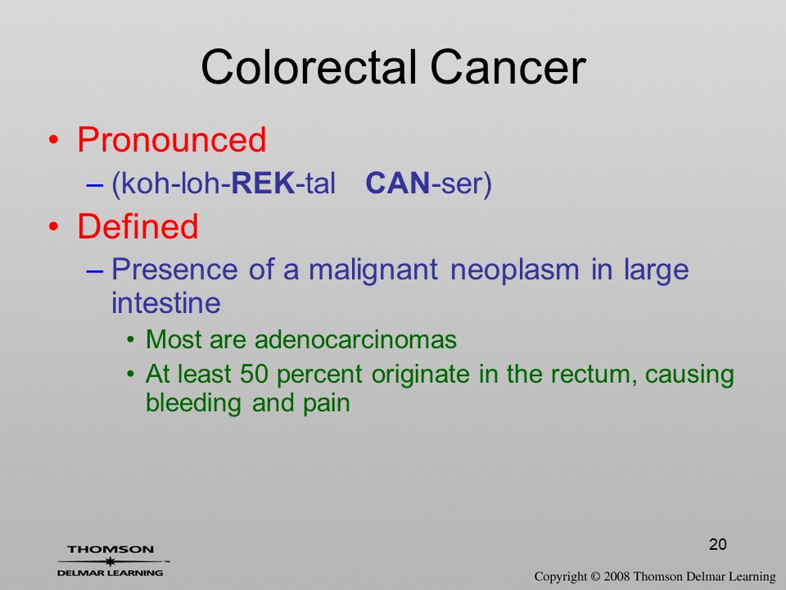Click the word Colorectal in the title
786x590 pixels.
pyautogui.click(x=309, y=67)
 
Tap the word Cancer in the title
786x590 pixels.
pyautogui.click(x=508, y=67)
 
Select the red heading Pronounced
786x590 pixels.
pyautogui.click(x=171, y=139)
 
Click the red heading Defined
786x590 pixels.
pyautogui.click(x=138, y=226)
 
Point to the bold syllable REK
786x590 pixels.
pyautogui.click(x=264, y=183)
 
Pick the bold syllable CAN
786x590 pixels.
pyautogui.click(x=398, y=183)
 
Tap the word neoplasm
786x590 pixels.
pyautogui.click(x=515, y=270)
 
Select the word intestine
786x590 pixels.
pyautogui.click(x=166, y=303)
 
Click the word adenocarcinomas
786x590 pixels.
pyautogui.click(x=355, y=339)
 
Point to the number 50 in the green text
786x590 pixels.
pyautogui.click(x=253, y=374)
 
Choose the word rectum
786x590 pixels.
pyautogui.click(x=594, y=374)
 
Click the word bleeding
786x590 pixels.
pyautogui.click(x=193, y=404)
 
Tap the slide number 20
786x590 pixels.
pyautogui.click(x=718, y=544)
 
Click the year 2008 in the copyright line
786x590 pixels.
pyautogui.click(x=617, y=576)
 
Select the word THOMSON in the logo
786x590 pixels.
pyautogui.click(x=111, y=549)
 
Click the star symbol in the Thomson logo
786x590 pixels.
pyautogui.click(x=111, y=561)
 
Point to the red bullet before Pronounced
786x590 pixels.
pyautogui.click(x=54, y=140)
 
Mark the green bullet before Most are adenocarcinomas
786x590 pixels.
pyautogui.click(x=131, y=340)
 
